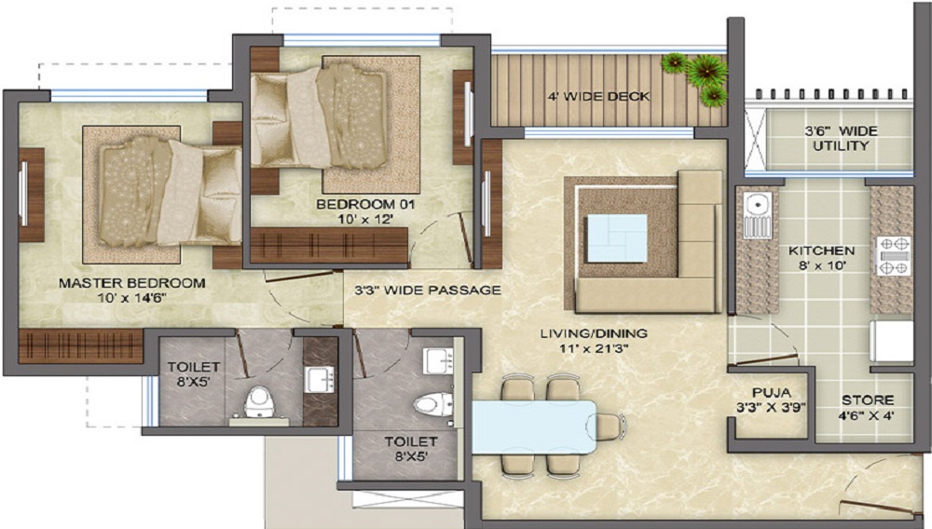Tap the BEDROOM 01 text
tap(365, 210)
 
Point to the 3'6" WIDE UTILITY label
tap(840, 139)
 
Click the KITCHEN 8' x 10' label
tap(821, 259)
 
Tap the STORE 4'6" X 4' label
tap(867, 407)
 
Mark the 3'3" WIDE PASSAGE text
tap(428, 290)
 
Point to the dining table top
tap(531, 424)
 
